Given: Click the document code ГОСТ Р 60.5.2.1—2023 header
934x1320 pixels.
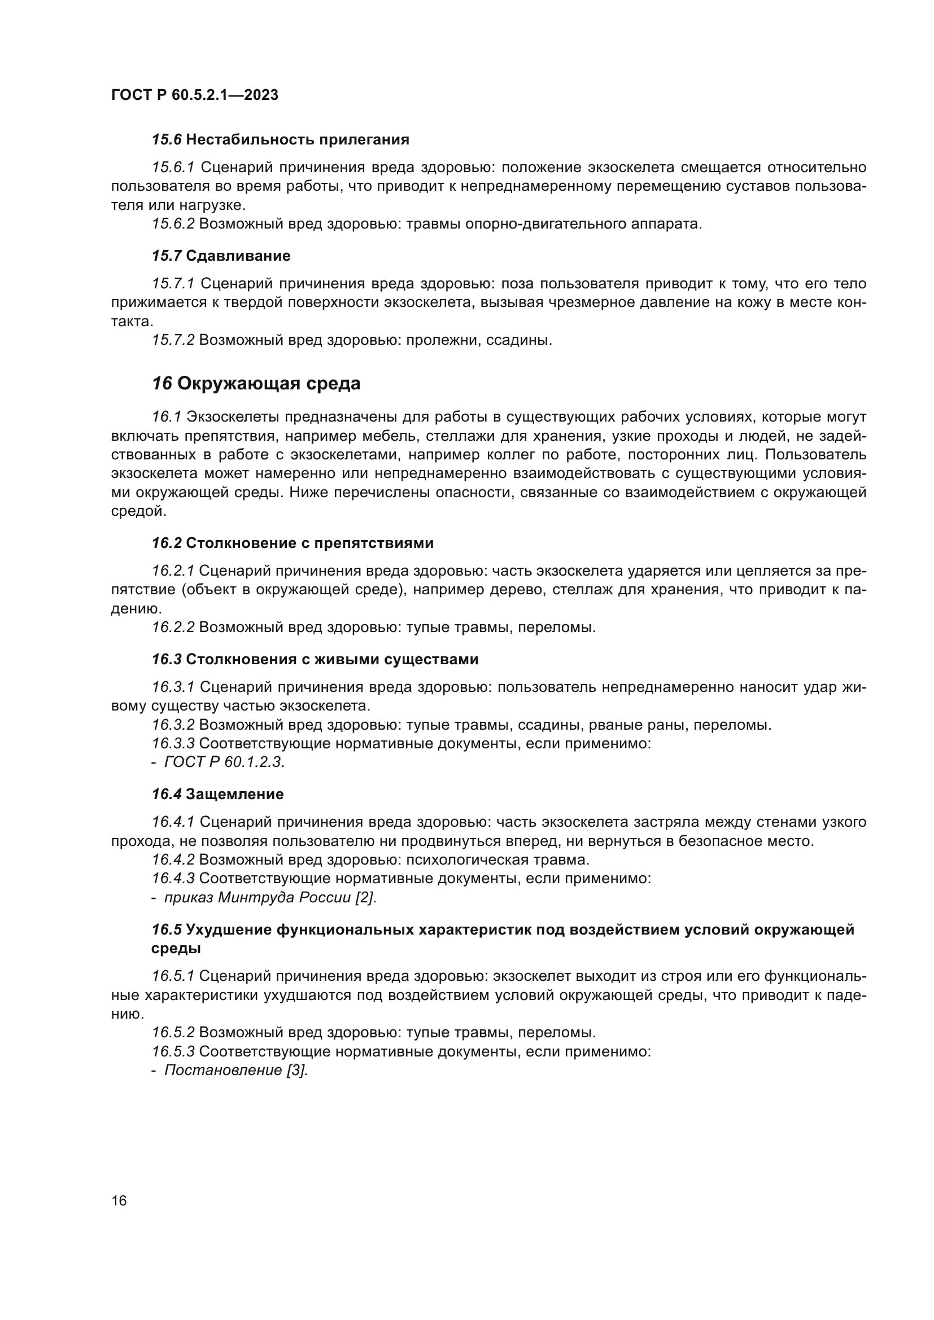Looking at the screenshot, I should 194,95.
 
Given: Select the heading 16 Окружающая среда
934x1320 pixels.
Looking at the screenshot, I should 256,383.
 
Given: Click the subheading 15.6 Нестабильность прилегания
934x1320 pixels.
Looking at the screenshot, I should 280,140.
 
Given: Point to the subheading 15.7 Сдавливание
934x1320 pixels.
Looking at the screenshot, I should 221,256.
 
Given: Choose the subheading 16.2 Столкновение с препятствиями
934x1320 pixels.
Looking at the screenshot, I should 292,543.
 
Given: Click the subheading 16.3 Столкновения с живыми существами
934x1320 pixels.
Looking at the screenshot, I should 315,659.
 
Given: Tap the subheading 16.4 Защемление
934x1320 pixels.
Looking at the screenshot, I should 217,795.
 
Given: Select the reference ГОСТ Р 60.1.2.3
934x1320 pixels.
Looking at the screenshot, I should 224,762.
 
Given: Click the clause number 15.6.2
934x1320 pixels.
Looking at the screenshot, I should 173,223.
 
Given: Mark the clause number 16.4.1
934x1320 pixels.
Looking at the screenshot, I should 173,823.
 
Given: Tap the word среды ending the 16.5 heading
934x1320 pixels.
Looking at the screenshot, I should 176,949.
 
